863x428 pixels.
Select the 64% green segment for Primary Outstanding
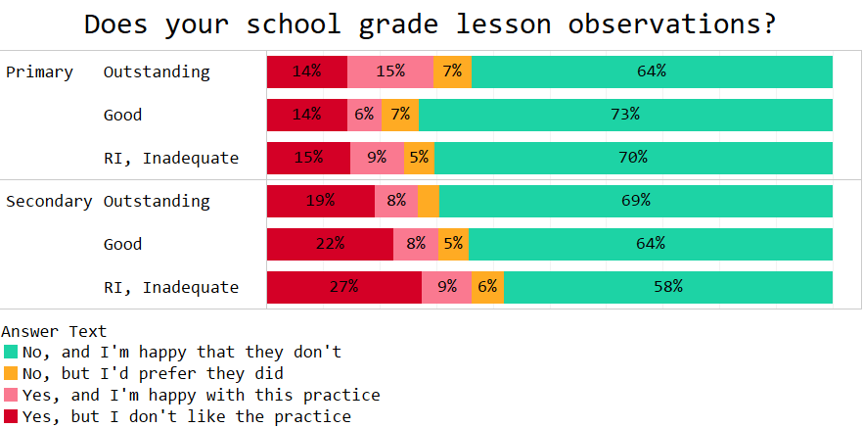pos(652,71)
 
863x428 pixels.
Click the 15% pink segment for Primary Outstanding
pos(390,71)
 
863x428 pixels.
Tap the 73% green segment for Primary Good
pos(625,115)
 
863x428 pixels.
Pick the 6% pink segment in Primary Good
pos(364,115)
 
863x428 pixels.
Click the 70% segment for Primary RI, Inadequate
pos(633,158)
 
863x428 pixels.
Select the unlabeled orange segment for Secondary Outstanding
pos(429,201)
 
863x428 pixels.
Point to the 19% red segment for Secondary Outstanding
pos(321,201)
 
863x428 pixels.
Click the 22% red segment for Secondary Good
pos(330,244)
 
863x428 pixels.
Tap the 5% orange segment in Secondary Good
pos(453,244)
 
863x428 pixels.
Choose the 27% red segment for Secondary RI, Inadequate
pos(344,287)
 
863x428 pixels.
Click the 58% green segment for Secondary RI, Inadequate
pos(668,287)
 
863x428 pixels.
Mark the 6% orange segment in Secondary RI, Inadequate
pos(487,287)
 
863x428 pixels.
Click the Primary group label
pos(40,71)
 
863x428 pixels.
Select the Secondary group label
pos(49,201)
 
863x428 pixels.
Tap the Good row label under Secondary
pos(123,244)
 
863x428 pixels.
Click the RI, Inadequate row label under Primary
pos(171,158)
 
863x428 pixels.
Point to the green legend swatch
pos(11,352)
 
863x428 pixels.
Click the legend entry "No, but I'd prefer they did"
pos(153,373)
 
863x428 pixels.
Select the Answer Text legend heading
pos(54,331)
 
